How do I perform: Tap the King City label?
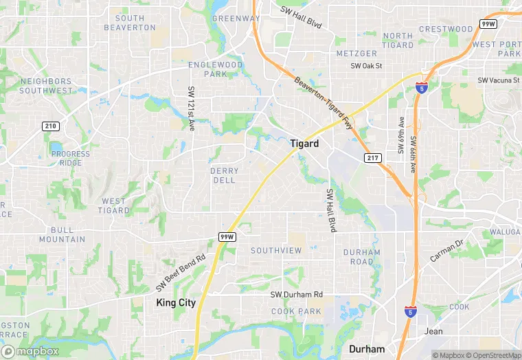[x=176, y=302]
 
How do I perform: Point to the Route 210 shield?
[x=50, y=126]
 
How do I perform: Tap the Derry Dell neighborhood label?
[x=225, y=175]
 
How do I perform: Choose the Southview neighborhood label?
[x=276, y=251]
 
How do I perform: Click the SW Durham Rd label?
[x=296, y=295]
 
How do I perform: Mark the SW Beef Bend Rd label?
[x=180, y=272]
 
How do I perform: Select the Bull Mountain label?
[x=62, y=234]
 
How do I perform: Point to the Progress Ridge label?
[x=71, y=158]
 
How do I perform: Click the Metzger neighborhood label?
[x=356, y=54]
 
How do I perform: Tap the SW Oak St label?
[x=366, y=66]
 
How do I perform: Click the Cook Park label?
[x=296, y=311]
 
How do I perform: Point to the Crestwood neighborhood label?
[x=446, y=29]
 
